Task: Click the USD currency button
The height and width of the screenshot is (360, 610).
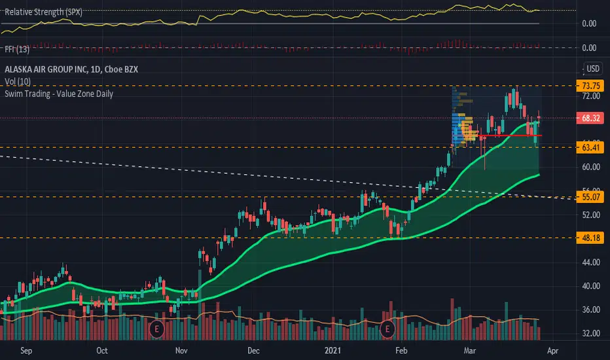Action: pos(593,68)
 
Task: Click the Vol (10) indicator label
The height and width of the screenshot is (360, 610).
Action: pos(20,81)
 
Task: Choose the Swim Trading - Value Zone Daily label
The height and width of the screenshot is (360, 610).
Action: pos(59,94)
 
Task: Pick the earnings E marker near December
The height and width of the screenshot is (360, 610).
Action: pos(156,328)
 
